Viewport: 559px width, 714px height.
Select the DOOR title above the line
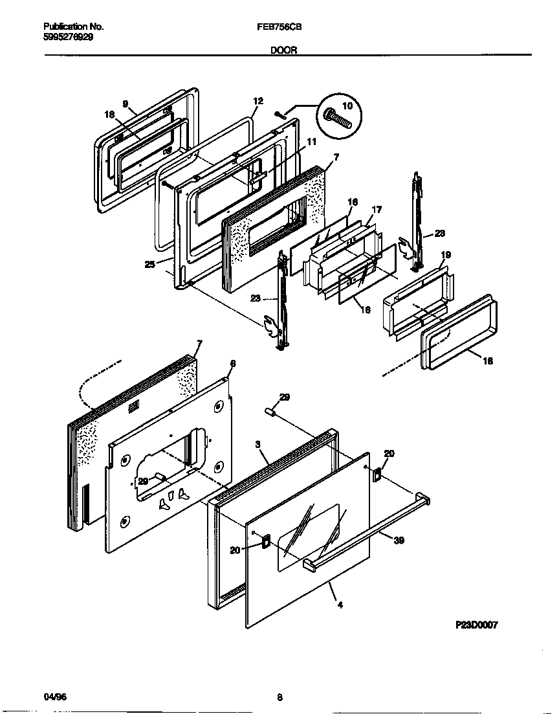click(x=284, y=50)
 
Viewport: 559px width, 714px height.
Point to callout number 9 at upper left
click(x=126, y=104)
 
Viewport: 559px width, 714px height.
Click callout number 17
click(x=377, y=210)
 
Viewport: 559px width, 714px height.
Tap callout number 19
click(x=446, y=255)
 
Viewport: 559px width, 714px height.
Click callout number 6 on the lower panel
click(x=233, y=364)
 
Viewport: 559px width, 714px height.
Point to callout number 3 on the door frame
click(x=258, y=445)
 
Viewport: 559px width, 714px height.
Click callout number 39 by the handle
click(x=399, y=540)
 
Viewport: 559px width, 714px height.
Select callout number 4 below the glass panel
click(x=340, y=605)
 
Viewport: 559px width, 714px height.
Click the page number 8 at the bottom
click(x=279, y=697)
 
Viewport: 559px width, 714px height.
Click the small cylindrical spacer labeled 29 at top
click(x=271, y=412)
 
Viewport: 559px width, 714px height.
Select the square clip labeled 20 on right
click(x=377, y=475)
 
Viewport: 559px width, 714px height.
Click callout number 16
click(x=352, y=203)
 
